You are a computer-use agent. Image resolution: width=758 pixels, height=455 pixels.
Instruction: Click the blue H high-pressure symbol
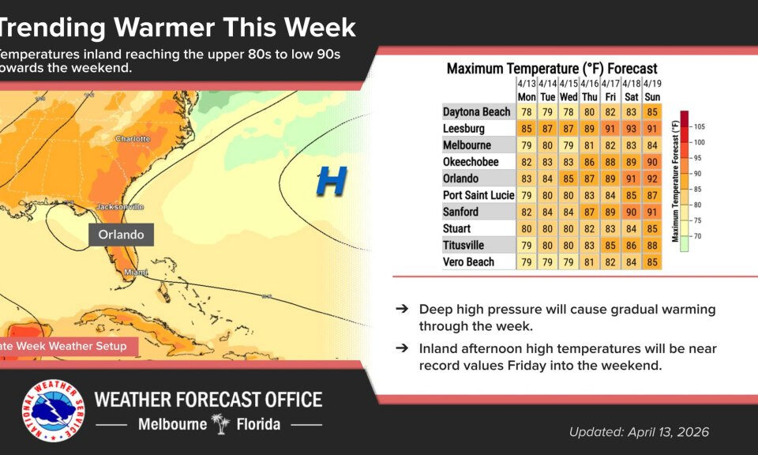coord(331,182)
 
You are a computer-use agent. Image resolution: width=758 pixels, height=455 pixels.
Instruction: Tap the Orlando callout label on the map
coord(121,235)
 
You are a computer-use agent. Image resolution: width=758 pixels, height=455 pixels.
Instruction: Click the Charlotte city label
coord(132,138)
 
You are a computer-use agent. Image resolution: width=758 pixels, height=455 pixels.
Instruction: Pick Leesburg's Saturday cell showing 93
coord(631,129)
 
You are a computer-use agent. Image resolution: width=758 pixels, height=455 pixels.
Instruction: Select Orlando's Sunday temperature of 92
coord(651,179)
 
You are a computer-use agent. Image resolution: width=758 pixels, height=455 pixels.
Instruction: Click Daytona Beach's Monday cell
coord(527,112)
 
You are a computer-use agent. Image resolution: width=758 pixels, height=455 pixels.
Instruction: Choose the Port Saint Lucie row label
coord(478,195)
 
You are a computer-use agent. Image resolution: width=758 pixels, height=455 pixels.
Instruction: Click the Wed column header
coord(568,96)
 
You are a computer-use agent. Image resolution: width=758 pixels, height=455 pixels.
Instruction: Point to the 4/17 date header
coord(610,83)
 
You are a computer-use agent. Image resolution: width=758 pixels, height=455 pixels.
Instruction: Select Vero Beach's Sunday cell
coord(651,261)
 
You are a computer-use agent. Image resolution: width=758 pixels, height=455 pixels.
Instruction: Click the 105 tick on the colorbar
coord(700,126)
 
